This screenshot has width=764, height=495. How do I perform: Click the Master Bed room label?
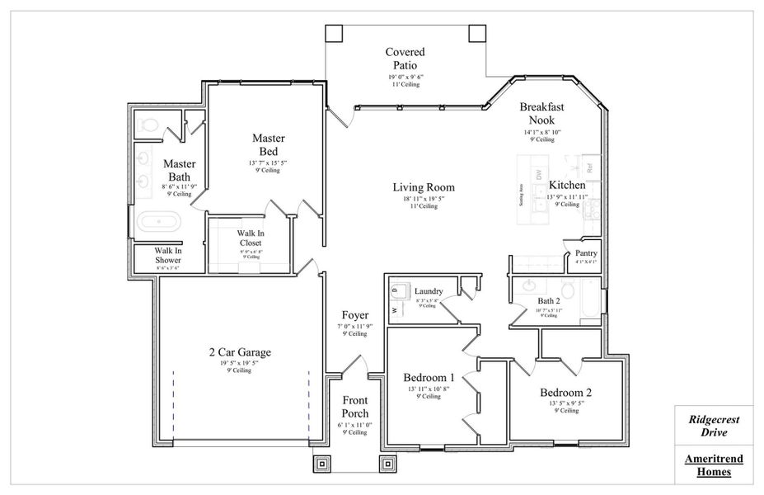click(x=268, y=144)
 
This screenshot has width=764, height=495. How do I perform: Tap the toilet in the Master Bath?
click(x=149, y=126)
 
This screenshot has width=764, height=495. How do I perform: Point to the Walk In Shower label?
click(x=167, y=256)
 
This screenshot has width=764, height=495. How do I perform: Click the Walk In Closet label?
click(x=250, y=238)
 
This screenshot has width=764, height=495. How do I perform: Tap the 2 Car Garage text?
click(x=239, y=352)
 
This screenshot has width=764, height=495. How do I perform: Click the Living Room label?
click(x=423, y=187)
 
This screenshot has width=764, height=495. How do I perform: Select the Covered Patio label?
click(x=405, y=59)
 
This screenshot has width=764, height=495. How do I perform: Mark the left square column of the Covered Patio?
click(x=334, y=33)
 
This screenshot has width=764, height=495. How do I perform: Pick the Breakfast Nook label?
click(x=541, y=114)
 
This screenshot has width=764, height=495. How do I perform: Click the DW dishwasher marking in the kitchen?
click(x=538, y=174)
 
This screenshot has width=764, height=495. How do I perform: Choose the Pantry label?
click(x=586, y=253)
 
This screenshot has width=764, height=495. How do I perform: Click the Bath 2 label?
click(x=549, y=301)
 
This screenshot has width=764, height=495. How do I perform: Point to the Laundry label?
click(x=429, y=291)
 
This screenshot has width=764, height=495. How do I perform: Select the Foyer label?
click(x=355, y=315)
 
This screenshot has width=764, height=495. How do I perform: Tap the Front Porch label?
click(x=355, y=407)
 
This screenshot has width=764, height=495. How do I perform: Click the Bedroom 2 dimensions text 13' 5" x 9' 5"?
click(x=565, y=403)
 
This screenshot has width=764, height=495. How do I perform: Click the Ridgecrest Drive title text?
click(x=714, y=426)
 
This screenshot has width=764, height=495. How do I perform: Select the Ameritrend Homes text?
click(x=714, y=465)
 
